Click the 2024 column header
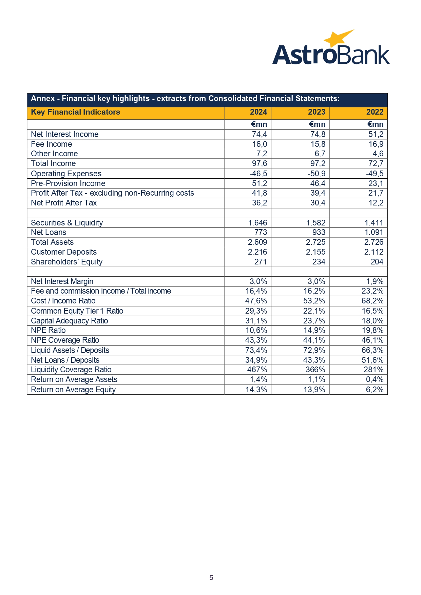click(259, 112)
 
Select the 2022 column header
click(375, 112)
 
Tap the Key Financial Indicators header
click(75, 112)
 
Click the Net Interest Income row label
click(64, 134)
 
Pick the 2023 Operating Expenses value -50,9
click(316, 174)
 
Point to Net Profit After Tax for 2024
click(259, 203)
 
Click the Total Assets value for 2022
click(374, 242)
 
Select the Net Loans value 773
click(261, 232)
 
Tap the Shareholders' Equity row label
click(66, 262)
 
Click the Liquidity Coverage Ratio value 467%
click(257, 370)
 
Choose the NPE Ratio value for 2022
click(372, 330)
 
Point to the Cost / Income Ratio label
click(63, 301)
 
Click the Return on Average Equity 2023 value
click(314, 390)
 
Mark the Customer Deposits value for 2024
click(257, 252)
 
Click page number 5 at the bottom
click(211, 577)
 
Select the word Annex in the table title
click(43, 99)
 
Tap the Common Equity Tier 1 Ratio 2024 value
click(256, 311)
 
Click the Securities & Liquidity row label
click(67, 223)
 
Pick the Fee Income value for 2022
click(376, 144)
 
